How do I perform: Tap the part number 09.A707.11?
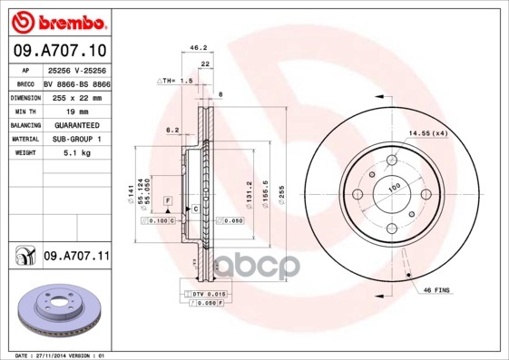(75, 257)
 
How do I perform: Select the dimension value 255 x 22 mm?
(74, 96)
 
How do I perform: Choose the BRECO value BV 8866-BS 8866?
(76, 83)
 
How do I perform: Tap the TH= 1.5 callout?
(178, 81)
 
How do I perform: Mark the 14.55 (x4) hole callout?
(428, 134)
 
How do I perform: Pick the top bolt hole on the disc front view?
(391, 161)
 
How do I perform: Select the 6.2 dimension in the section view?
(171, 130)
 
